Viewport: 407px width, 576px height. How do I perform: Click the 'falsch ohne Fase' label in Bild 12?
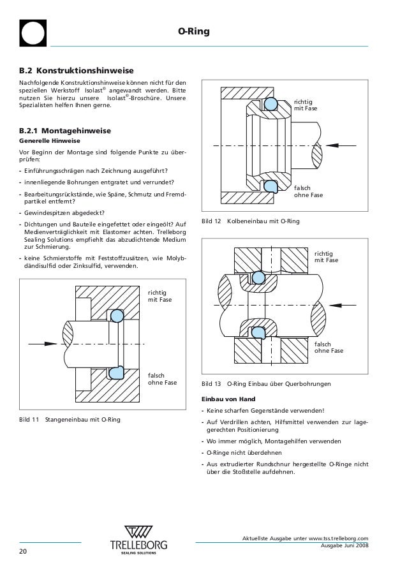[x=309, y=191]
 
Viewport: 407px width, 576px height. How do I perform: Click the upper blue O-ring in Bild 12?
[x=271, y=104]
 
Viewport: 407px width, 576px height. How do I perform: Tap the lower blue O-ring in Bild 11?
[x=117, y=372]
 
